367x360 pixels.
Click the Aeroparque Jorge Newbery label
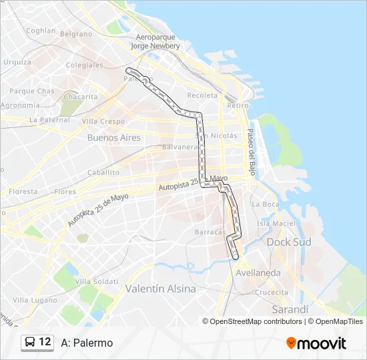(155, 42)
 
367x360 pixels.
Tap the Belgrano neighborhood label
(76, 33)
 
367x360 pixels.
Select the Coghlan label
(41, 31)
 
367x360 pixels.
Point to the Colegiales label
(84, 65)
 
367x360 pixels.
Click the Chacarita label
(80, 97)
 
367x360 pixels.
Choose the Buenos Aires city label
(113, 138)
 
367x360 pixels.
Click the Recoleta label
(202, 95)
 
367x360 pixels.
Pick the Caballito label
(103, 172)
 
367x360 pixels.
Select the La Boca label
(266, 204)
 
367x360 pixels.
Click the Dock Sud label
(289, 243)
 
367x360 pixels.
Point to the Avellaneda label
(258, 273)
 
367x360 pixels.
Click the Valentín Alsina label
(161, 289)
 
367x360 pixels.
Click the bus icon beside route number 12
(31, 342)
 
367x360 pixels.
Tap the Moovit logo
(316, 343)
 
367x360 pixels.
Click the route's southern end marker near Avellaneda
(235, 256)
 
